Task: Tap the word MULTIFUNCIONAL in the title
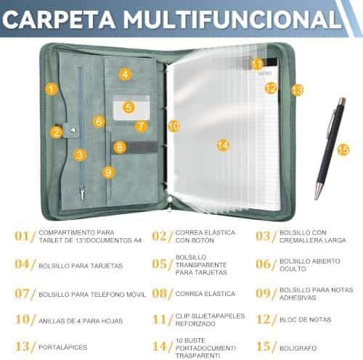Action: click(232, 20)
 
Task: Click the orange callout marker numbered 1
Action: click(52, 89)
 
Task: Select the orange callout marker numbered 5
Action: click(129, 107)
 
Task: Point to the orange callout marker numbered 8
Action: click(120, 147)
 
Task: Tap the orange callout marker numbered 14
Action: click(223, 145)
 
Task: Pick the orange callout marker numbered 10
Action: click(174, 126)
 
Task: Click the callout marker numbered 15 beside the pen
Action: click(343, 150)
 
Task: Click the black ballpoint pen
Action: click(330, 148)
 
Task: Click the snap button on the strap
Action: click(73, 130)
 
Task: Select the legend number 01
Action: click(23, 236)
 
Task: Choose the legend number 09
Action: click(263, 293)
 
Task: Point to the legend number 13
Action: click(23, 346)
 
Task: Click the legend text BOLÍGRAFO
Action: click(298, 348)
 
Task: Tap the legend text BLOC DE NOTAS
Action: click(306, 319)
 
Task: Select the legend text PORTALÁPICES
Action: click(63, 347)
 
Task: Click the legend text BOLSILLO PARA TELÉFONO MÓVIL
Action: click(92, 295)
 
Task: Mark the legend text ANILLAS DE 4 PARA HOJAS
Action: click(81, 321)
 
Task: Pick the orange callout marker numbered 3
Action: click(80, 155)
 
